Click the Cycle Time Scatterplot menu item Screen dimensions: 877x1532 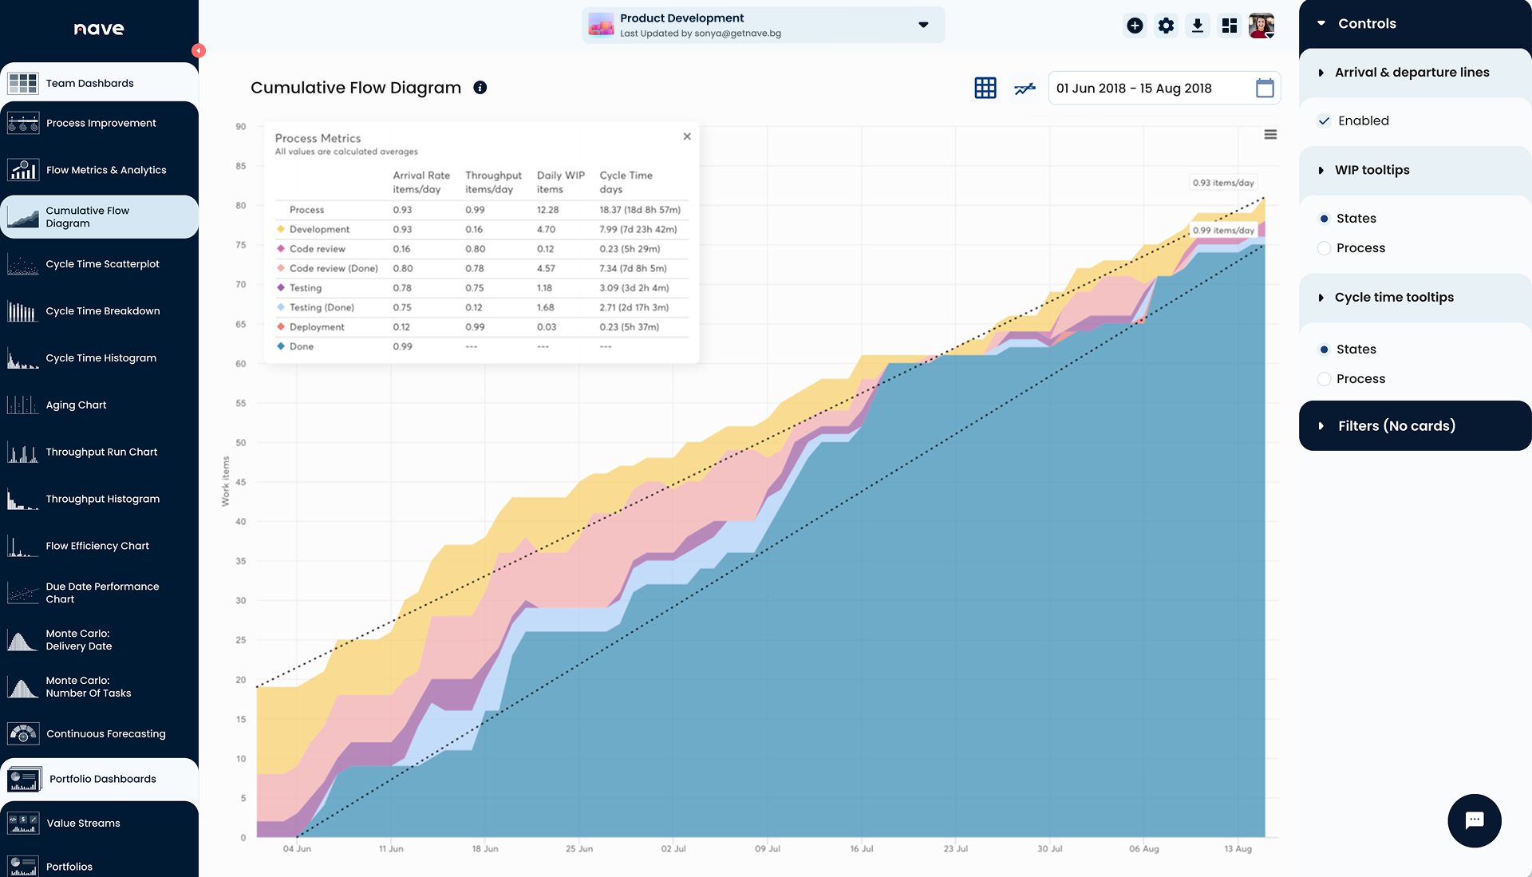[x=102, y=264]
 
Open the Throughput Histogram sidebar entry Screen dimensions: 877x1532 [x=102, y=499]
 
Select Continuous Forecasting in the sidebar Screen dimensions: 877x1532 [x=105, y=734]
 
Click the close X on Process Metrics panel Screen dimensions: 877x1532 [x=687, y=136]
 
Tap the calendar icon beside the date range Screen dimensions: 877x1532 [x=1265, y=89]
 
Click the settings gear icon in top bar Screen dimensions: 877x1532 [x=1166, y=26]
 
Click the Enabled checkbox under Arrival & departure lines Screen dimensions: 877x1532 [x=1325, y=121]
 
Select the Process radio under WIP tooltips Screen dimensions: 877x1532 [x=1325, y=248]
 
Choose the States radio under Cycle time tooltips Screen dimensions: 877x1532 [x=1325, y=350]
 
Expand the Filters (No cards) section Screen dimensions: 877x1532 [x=1396, y=426]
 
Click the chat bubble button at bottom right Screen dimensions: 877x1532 [x=1475, y=820]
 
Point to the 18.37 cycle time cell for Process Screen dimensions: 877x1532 [x=639, y=210]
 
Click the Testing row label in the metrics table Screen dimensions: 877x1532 [x=305, y=288]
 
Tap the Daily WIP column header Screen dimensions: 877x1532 [x=560, y=182]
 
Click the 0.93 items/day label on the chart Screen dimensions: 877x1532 [x=1222, y=183]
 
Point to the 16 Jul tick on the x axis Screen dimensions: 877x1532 [x=862, y=848]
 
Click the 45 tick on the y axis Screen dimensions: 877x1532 [x=241, y=482]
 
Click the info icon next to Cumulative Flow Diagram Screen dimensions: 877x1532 [x=480, y=88]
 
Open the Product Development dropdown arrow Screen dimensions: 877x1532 [x=923, y=25]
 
